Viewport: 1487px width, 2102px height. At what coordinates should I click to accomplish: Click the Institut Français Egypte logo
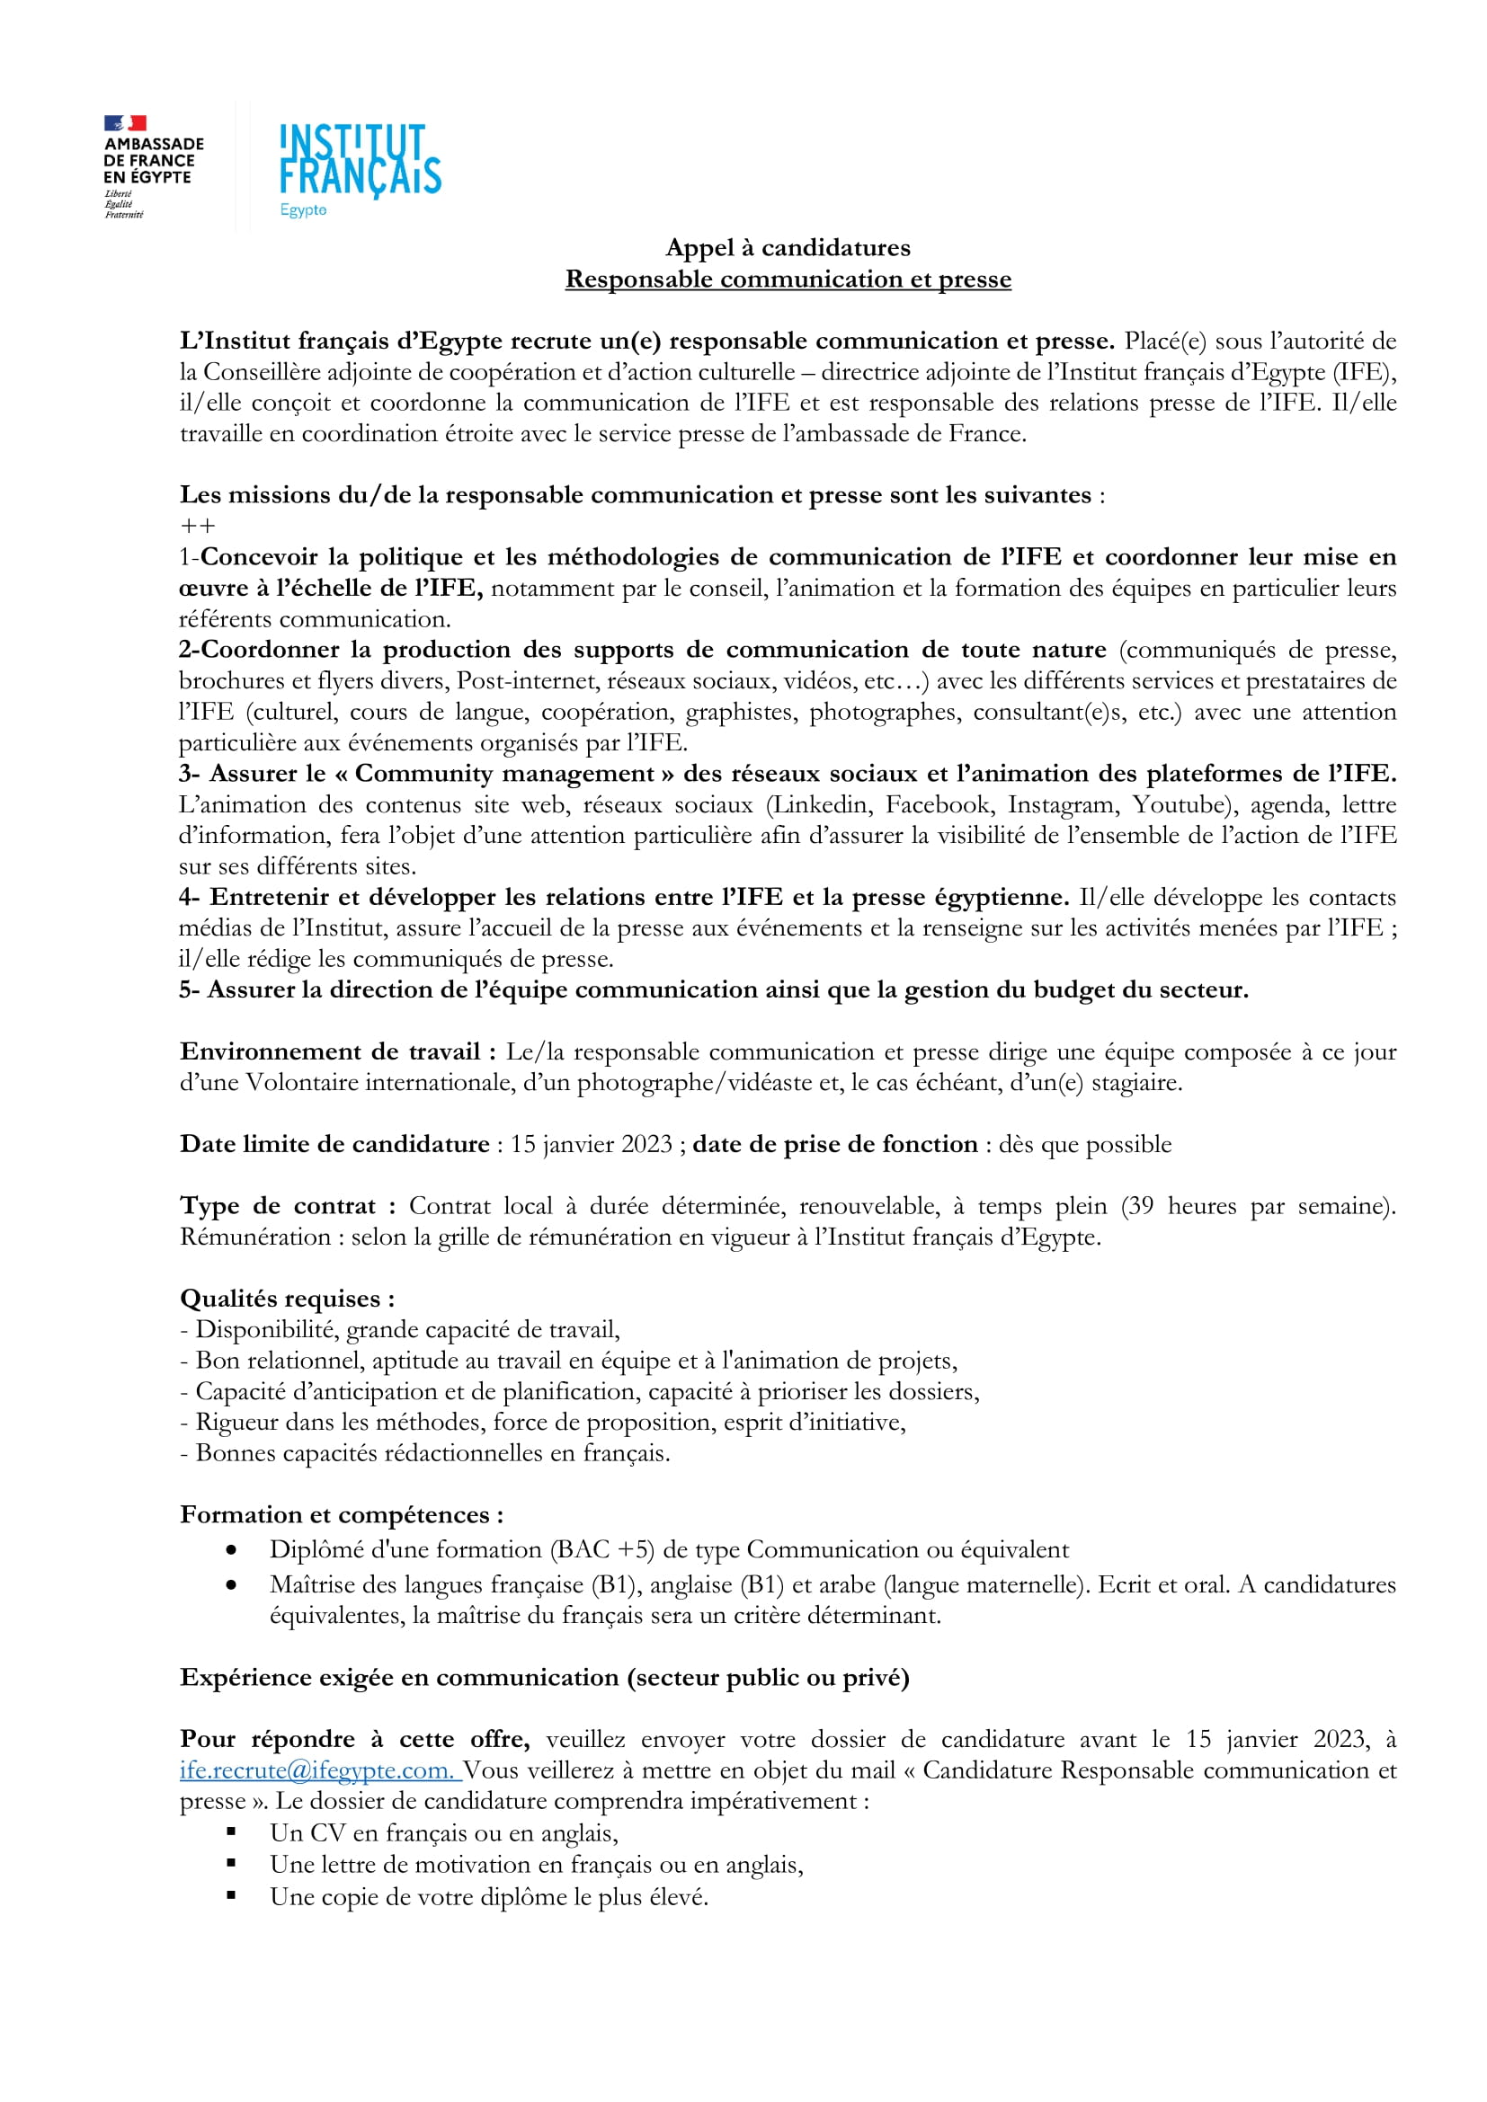[x=360, y=168]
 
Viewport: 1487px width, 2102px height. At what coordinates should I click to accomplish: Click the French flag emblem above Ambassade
[x=126, y=123]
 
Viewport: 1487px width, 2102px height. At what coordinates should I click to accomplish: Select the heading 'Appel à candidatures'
[x=788, y=247]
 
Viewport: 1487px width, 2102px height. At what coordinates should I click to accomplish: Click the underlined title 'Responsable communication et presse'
[x=788, y=279]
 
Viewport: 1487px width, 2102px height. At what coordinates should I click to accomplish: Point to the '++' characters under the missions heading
[x=198, y=526]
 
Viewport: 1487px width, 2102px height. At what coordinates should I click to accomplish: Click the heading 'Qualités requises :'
[x=288, y=1299]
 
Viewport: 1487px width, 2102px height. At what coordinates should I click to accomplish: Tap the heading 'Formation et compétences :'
[x=342, y=1514]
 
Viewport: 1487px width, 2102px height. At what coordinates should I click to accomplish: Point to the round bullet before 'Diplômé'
[x=232, y=1550]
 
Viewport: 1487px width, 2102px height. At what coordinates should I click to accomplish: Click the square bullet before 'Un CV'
[x=232, y=1831]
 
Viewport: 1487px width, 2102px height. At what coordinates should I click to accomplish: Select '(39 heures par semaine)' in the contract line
[x=1258, y=1206]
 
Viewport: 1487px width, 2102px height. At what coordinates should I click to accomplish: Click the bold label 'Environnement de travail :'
[x=338, y=1051]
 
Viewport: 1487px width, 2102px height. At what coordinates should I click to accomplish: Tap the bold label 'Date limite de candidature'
[x=334, y=1143]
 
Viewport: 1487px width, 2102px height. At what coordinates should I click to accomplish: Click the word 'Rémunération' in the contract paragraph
[x=254, y=1237]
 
